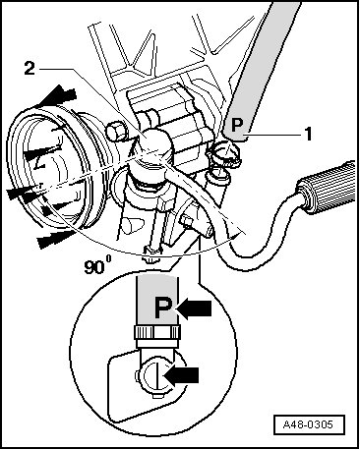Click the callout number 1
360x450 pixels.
point(308,134)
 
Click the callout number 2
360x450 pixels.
point(30,68)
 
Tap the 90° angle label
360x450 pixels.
point(97,264)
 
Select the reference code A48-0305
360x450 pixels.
point(308,425)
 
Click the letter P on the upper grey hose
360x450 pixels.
point(237,125)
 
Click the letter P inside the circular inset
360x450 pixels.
point(163,308)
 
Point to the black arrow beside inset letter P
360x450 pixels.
point(194,309)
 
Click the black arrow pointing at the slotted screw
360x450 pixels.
point(181,374)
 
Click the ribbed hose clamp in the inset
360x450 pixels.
point(157,333)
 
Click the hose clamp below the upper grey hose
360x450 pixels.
point(224,153)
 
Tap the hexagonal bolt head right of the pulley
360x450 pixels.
point(115,132)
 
